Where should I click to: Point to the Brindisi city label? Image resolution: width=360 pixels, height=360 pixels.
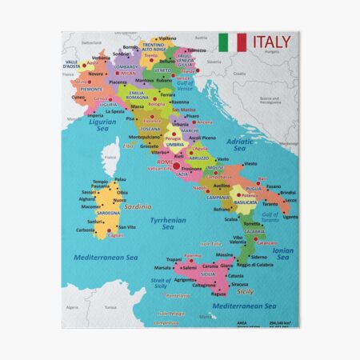pos(288,193)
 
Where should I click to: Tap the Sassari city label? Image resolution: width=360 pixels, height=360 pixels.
pos(90,193)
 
